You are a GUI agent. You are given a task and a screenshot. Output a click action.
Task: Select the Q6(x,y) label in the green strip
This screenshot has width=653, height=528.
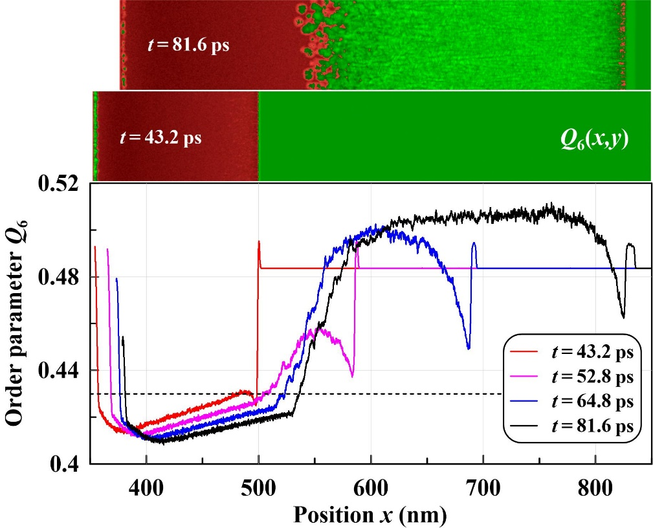(x=595, y=140)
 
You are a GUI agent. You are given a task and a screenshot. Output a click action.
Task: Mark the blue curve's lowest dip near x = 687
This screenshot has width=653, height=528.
(x=469, y=349)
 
